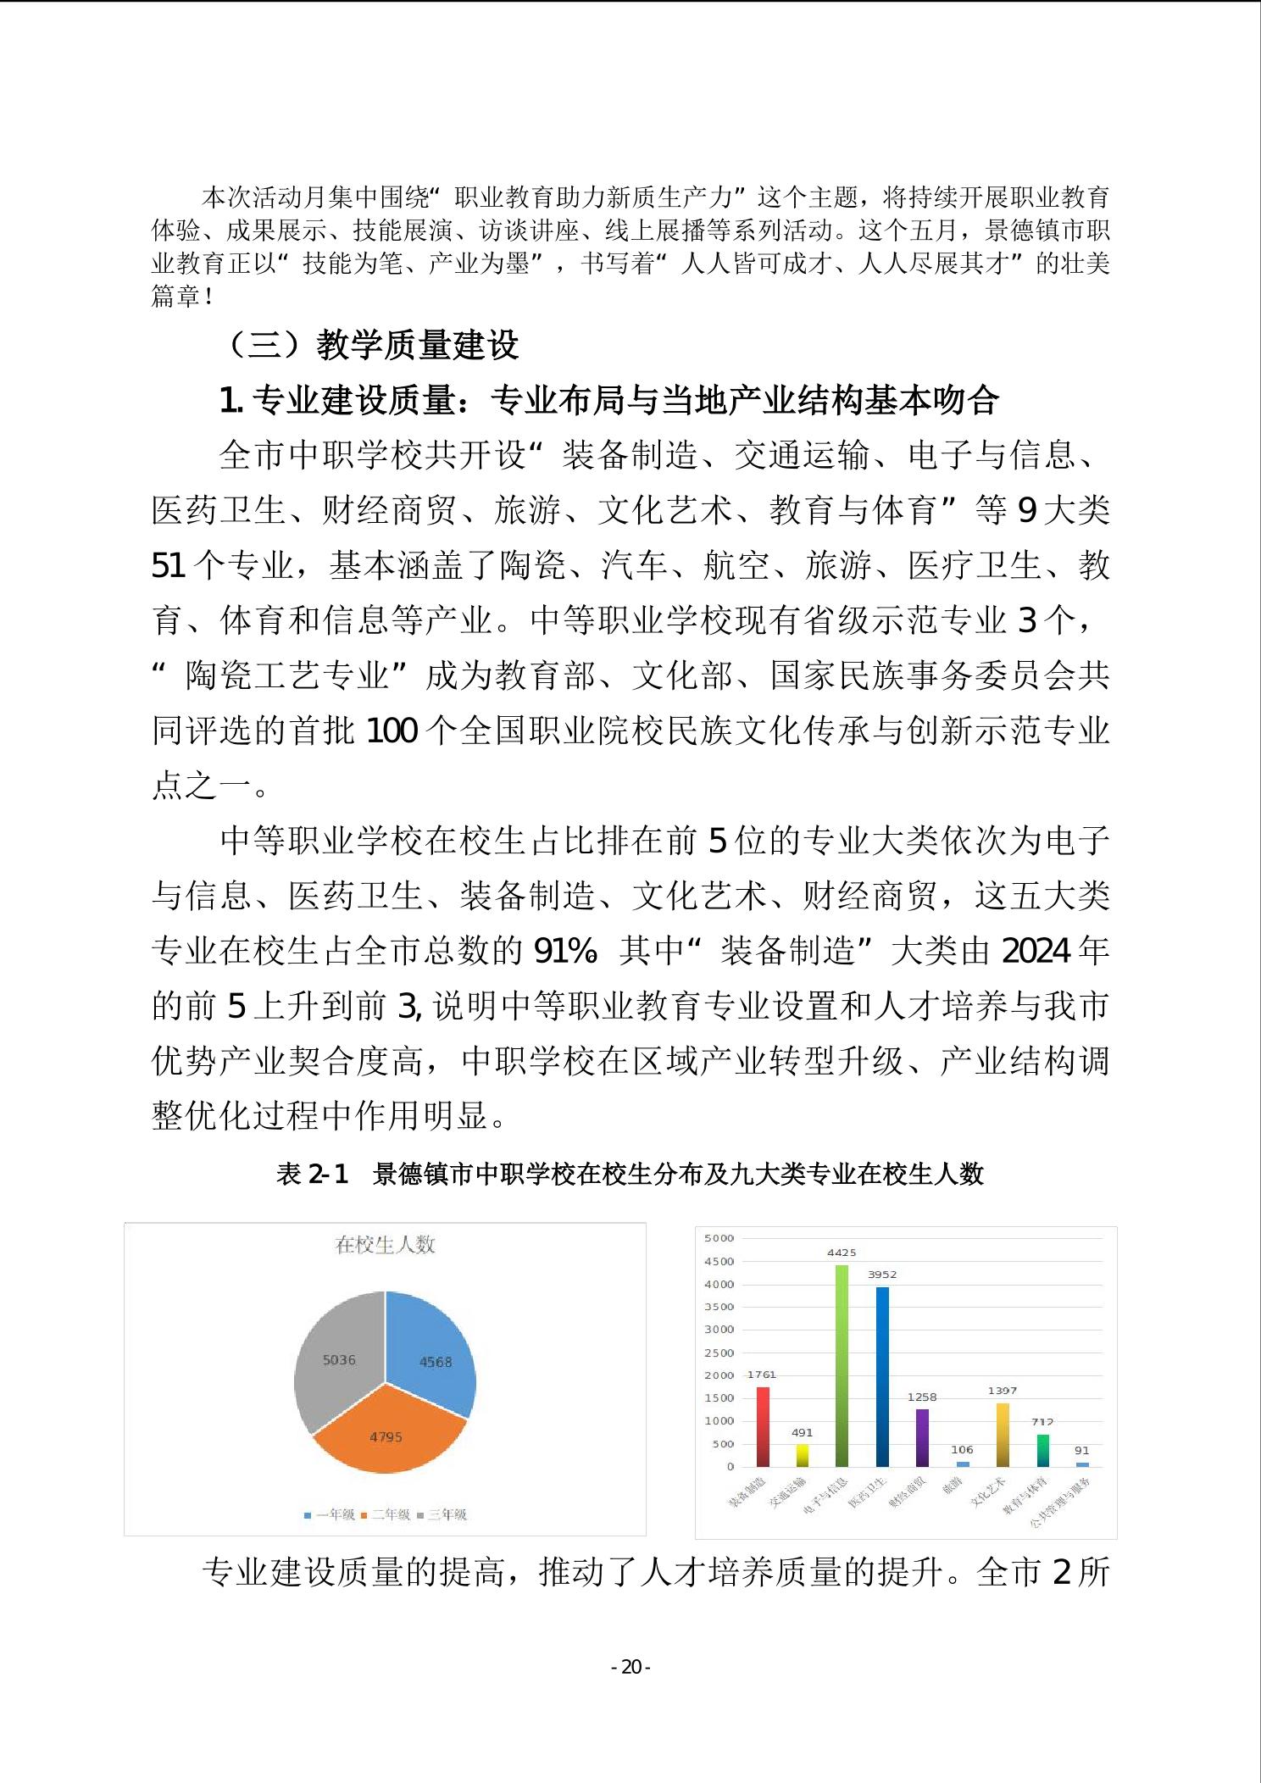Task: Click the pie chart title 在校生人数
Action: tap(386, 1245)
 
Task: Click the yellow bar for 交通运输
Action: tap(802, 1455)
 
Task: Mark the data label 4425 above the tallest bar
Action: tap(842, 1253)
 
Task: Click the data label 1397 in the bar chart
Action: tap(1002, 1391)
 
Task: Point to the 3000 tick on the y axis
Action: tap(719, 1330)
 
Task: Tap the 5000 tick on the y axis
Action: tap(719, 1238)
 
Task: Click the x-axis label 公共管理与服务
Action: tap(1061, 1503)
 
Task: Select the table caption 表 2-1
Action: tap(312, 1174)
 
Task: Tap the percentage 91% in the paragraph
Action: tap(565, 951)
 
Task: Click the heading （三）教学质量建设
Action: tap(373, 345)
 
